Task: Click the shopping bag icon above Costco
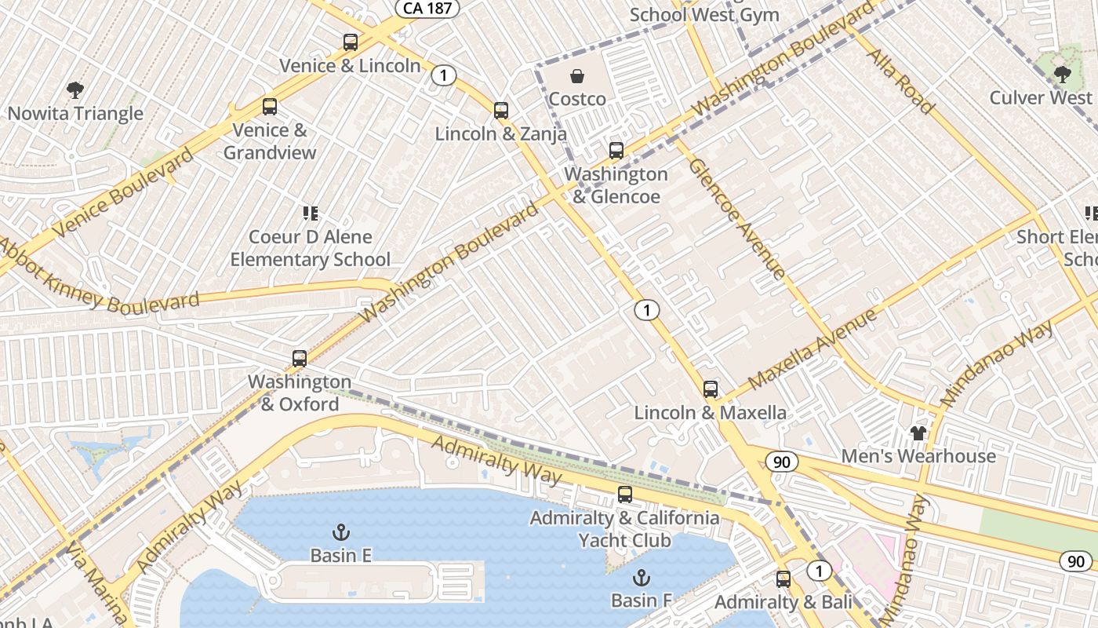(577, 76)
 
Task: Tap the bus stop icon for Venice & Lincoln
(350, 42)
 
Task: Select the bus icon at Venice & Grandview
(270, 107)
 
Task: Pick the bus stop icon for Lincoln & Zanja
(501, 111)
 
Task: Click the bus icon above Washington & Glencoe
(616, 151)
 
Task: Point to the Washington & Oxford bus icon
(300, 359)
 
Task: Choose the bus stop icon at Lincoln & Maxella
(711, 389)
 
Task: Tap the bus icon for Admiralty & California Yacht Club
(625, 495)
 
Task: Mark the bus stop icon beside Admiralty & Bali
(784, 579)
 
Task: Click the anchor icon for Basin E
(340, 532)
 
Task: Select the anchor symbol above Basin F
(642, 578)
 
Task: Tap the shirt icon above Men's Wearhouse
(918, 433)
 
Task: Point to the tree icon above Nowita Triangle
(75, 90)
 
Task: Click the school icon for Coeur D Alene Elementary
(310, 214)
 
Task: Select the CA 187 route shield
(427, 8)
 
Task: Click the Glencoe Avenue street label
(737, 219)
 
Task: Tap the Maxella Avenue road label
(813, 350)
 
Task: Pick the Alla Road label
(900, 81)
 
